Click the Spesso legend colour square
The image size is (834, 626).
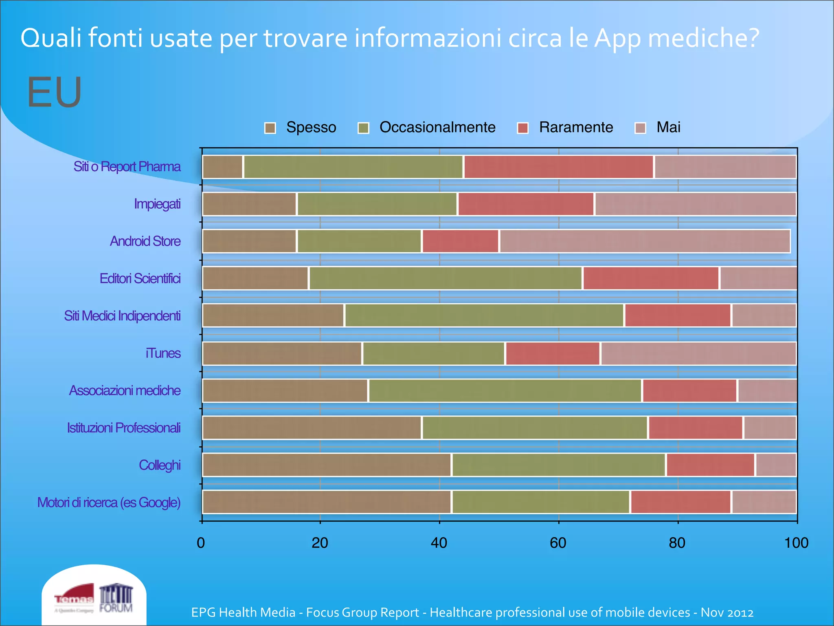270,128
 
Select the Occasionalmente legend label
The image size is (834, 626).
437,127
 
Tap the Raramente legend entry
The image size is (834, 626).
575,127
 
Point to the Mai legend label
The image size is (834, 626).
668,127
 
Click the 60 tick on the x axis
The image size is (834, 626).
558,543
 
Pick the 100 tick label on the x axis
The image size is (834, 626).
796,543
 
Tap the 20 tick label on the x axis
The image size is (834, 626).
320,543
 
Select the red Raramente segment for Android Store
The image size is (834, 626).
461,241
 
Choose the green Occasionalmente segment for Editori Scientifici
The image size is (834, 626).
446,278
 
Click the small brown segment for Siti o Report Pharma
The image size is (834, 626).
222,167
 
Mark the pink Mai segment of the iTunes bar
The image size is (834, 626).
698,353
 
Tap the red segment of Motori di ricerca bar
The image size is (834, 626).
680,502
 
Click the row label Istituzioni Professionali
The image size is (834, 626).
124,428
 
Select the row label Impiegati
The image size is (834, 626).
157,204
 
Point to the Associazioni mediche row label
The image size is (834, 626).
125,390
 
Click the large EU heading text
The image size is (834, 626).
55,93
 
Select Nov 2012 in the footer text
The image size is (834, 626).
727,613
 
